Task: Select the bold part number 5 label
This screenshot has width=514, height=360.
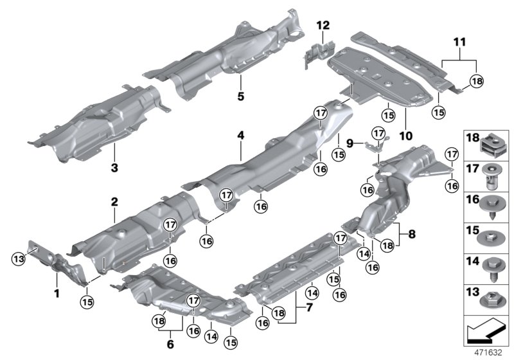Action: (x=240, y=97)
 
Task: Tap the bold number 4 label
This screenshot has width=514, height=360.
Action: (x=240, y=136)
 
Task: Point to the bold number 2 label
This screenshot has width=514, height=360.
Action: (x=114, y=202)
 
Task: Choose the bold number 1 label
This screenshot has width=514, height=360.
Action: (x=57, y=293)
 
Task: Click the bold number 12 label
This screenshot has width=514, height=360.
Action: (x=323, y=25)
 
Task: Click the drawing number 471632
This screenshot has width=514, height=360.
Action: (x=490, y=352)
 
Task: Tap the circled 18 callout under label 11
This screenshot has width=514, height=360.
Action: (x=475, y=81)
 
